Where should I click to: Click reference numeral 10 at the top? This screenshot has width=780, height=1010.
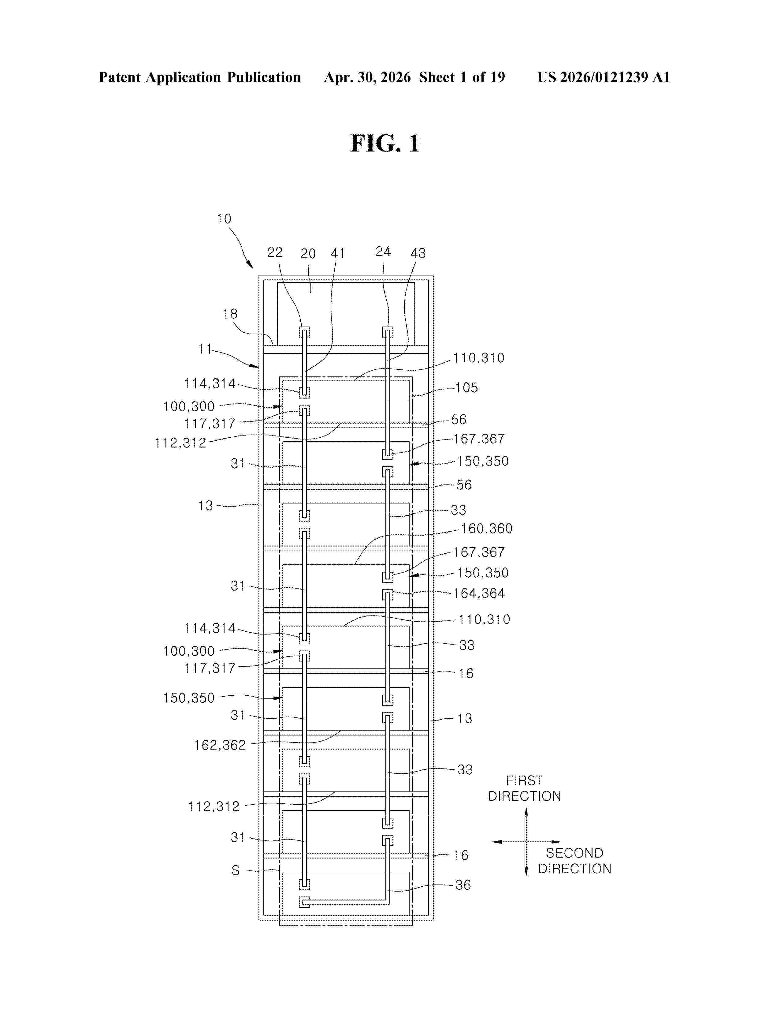click(224, 219)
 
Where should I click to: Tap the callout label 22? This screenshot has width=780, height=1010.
click(275, 252)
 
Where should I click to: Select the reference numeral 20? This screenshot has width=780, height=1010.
click(308, 253)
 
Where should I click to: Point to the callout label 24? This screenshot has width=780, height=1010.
click(383, 252)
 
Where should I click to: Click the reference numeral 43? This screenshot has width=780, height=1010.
click(418, 253)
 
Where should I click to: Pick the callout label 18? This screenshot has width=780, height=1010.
click(230, 314)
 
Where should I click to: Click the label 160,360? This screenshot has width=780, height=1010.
click(487, 529)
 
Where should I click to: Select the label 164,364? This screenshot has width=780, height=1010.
click(479, 593)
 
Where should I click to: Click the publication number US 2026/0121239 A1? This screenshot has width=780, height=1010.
click(604, 77)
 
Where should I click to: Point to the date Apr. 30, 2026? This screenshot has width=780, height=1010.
click(367, 77)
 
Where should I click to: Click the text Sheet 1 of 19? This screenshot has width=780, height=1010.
click(462, 77)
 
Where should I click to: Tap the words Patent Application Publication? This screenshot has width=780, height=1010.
click(200, 77)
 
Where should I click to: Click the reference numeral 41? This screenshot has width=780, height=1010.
click(338, 253)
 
